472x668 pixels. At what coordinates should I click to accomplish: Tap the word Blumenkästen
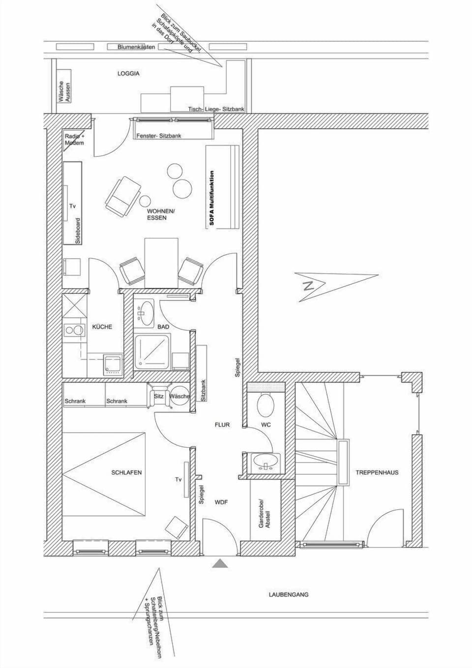coord(136,47)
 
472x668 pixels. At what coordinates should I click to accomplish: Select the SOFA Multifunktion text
coord(212,198)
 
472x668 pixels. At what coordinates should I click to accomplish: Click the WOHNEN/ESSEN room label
coord(160,214)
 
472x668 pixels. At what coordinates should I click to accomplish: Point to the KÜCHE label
coord(102,327)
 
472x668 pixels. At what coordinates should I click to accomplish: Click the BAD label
coord(163,327)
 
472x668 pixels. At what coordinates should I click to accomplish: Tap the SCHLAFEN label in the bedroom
coord(126,472)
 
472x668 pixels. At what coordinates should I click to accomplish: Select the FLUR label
coord(222,425)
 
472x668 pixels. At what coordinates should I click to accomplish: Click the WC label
coord(265,425)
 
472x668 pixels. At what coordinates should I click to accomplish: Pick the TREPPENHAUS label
coord(377,472)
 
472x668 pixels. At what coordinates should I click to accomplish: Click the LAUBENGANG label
coord(289,594)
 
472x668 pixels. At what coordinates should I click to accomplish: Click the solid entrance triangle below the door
coord(220,564)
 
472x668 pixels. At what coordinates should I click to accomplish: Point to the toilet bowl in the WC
coord(266,404)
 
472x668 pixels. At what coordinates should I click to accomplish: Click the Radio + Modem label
coord(74,139)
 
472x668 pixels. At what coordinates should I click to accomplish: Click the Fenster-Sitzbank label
coord(159,136)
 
